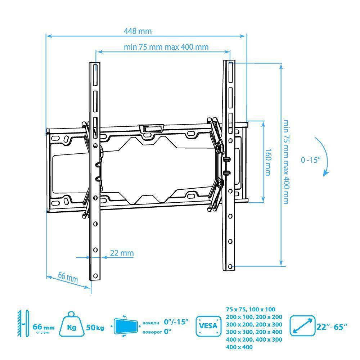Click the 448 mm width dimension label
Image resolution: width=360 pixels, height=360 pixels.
tap(138, 31)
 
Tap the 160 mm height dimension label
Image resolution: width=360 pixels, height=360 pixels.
tap(268, 162)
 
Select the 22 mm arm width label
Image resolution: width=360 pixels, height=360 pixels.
tap(122, 253)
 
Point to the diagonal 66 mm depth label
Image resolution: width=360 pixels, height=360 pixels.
tap(68, 277)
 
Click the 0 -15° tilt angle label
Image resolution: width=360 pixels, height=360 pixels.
tap(311, 160)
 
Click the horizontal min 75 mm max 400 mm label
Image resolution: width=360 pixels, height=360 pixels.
tap(166, 47)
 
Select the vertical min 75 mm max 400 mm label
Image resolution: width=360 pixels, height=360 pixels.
tap(285, 162)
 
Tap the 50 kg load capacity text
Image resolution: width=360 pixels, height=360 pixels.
tap(95, 328)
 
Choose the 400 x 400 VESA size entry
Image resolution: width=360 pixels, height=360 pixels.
tap(239, 347)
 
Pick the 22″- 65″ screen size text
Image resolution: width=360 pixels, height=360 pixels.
tap(332, 327)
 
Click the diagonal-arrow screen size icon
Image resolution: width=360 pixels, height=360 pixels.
tap(302, 326)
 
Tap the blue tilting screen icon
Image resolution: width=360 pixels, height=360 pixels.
tap(126, 326)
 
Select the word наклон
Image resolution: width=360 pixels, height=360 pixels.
tap(150, 323)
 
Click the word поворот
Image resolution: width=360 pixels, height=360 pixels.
tap(152, 332)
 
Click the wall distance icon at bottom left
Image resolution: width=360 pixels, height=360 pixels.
tap(23, 324)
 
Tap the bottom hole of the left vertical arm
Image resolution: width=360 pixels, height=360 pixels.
tap(95, 275)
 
